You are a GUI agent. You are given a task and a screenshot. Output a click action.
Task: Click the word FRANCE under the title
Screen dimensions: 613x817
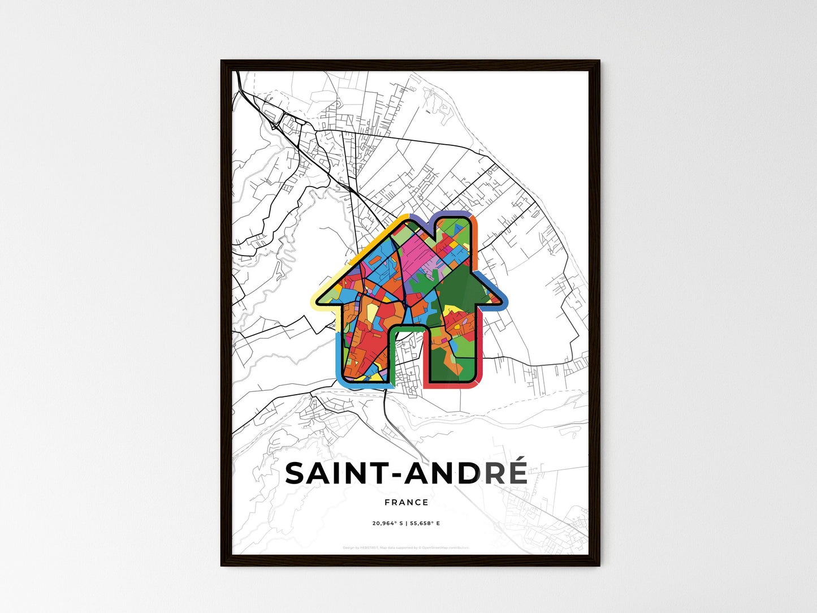pos(406,502)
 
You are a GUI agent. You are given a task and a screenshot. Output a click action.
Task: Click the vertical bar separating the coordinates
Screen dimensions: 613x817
pos(406,523)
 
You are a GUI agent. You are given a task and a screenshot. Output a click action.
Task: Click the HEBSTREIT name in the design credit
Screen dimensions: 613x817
pos(369,547)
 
